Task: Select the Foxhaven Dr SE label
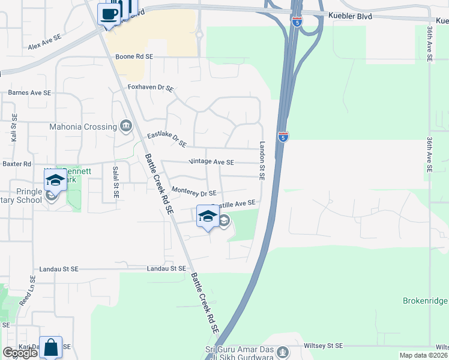(x=151, y=88)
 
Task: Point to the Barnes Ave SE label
(x=29, y=93)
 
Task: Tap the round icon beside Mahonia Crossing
(x=126, y=126)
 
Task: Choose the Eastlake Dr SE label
(x=167, y=140)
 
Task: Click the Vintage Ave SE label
(x=211, y=162)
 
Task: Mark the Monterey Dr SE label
(x=193, y=193)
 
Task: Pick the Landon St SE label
(x=262, y=161)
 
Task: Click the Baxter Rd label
(x=17, y=164)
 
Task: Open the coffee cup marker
(x=109, y=14)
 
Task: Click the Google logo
(x=20, y=353)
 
